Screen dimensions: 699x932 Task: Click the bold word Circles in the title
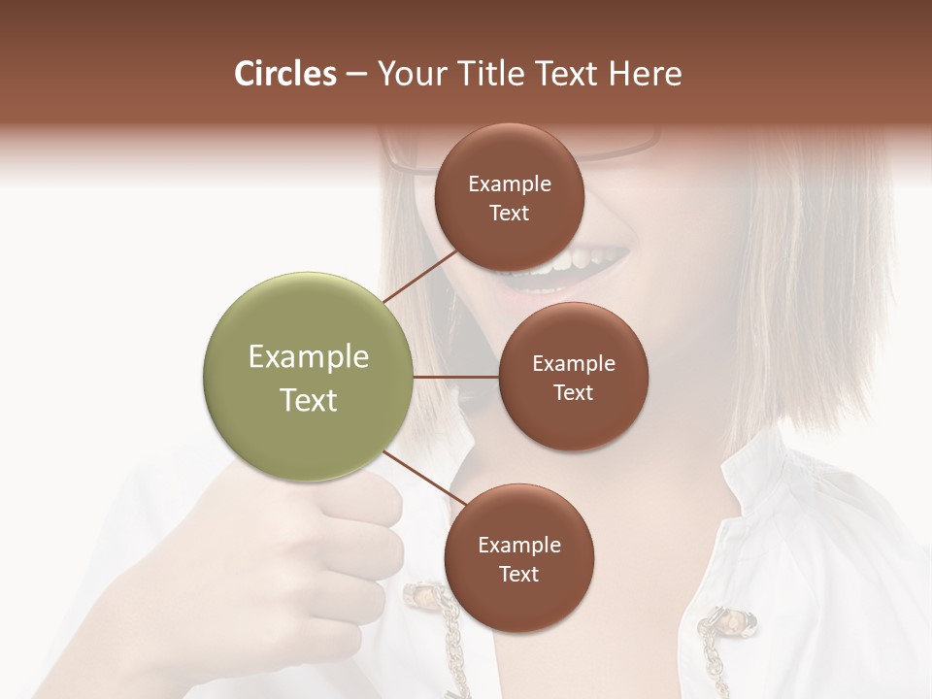pos(285,74)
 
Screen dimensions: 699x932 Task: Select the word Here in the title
pos(645,74)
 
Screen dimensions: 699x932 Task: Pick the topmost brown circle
pos(510,155)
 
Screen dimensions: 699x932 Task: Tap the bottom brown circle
pos(518,602)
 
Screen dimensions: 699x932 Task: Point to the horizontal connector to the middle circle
pos(456,377)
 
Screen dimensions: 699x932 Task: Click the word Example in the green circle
pos(309,357)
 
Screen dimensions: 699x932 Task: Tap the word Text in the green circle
pos(309,400)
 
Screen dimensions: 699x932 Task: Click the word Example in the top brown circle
pos(510,183)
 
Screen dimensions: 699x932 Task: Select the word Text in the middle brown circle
pos(573,393)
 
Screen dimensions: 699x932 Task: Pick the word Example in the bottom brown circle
pos(519,546)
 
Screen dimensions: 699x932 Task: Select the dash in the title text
pos(356,75)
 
